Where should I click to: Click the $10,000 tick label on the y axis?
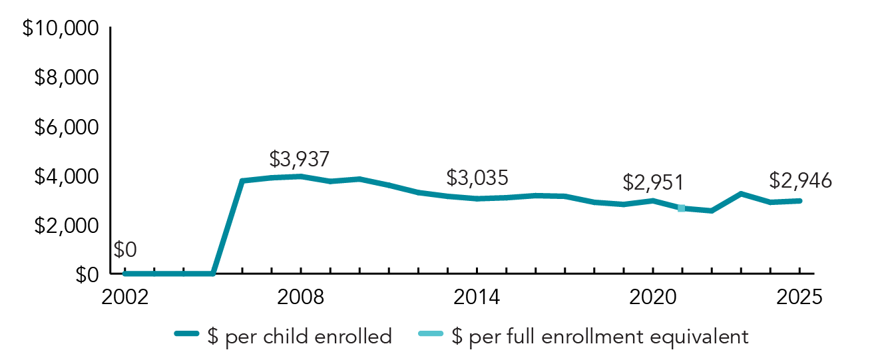[x=61, y=29]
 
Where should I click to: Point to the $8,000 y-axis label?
[x=66, y=79]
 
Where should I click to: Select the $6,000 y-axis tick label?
[x=66, y=127]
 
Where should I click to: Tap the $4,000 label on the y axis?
[x=66, y=177]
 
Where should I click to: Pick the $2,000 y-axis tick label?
[x=66, y=226]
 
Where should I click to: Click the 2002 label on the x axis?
[x=125, y=297]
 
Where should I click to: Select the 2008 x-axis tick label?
[x=301, y=297]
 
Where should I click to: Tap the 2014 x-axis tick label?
[x=477, y=297]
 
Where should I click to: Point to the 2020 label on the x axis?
[x=652, y=297]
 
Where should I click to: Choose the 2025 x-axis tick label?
[x=799, y=297]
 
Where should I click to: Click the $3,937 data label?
[x=300, y=159]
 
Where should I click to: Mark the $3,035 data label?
[x=477, y=178]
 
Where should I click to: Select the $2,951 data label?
[x=653, y=182]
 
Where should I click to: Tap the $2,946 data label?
[x=800, y=180]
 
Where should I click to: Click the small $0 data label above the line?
[x=124, y=250]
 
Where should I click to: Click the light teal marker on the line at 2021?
[x=682, y=208]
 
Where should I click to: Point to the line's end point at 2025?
[x=799, y=201]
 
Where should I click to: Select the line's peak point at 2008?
[x=301, y=176]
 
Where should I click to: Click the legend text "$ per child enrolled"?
[x=300, y=337]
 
